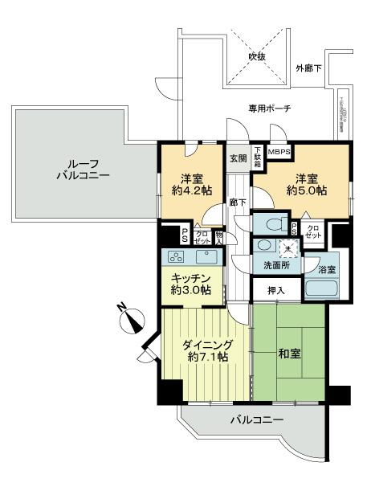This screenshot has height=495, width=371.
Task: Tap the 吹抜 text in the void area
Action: [256, 57]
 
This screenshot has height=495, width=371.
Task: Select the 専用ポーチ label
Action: [269, 108]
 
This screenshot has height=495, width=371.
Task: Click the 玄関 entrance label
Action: [238, 157]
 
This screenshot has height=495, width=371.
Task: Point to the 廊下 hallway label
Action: [237, 203]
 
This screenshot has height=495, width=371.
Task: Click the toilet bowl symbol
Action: [268, 224]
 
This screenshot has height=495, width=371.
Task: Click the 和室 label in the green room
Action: [288, 353]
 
